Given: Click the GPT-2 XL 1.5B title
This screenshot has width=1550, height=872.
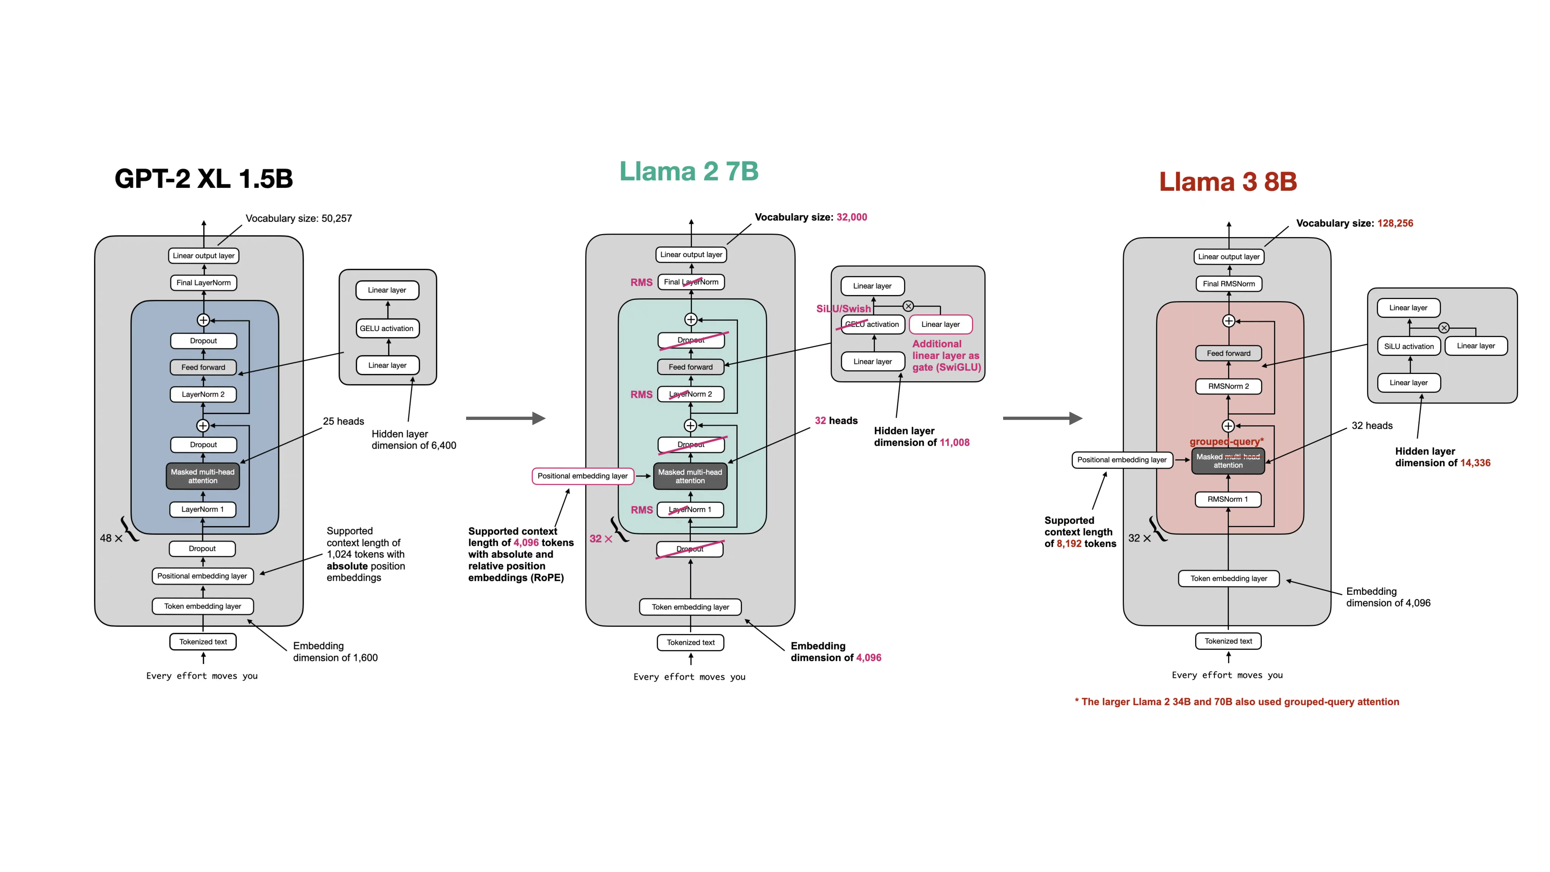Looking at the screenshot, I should (203, 179).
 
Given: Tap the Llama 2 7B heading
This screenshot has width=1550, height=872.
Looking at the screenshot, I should (689, 171).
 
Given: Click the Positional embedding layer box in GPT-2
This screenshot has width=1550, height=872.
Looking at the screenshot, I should (202, 576).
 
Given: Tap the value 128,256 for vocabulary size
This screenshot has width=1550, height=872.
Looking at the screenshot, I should (1395, 223).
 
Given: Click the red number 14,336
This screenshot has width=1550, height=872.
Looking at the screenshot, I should (1475, 463).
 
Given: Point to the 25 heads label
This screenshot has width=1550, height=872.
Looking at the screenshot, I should (343, 421).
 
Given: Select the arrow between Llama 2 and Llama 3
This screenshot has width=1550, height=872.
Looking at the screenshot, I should (1042, 418).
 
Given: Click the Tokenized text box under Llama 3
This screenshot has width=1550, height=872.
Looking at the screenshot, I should (1228, 641).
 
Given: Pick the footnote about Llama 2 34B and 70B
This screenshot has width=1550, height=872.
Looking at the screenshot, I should (1237, 702).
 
